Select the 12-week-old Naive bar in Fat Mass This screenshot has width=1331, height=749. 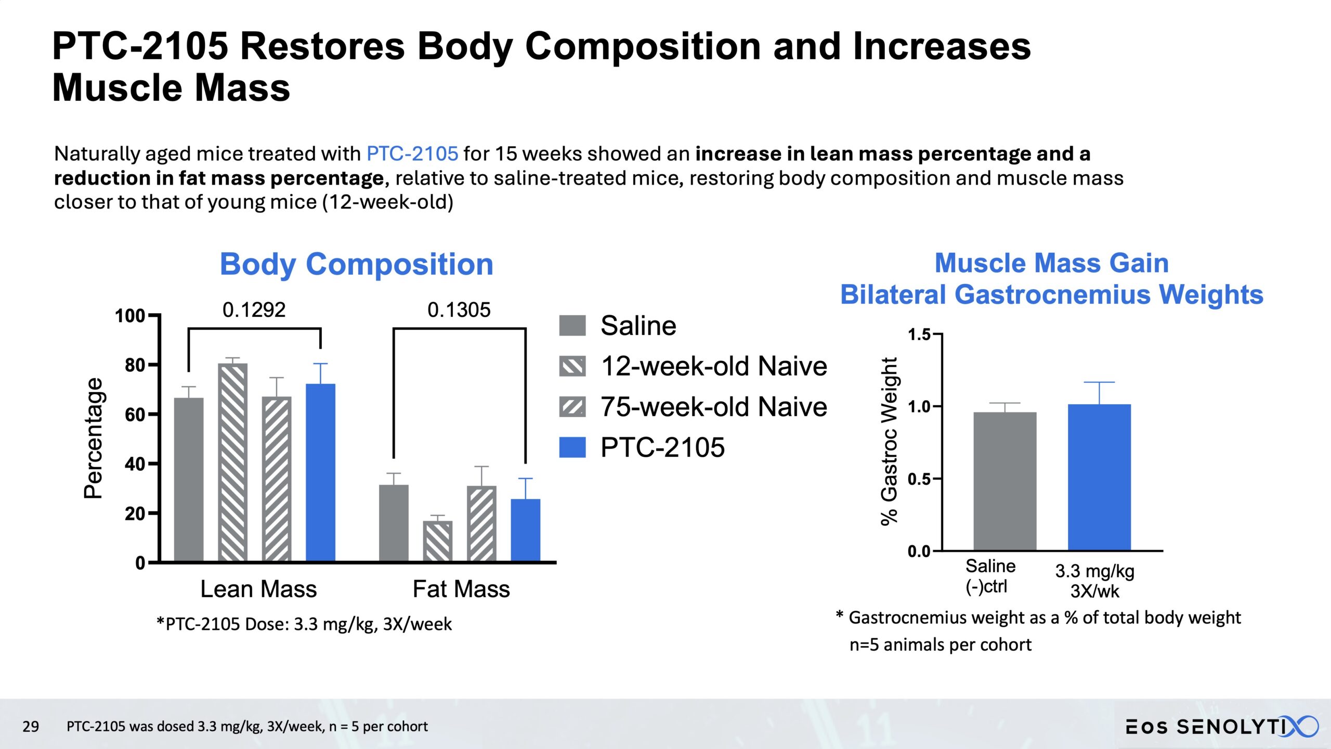(x=437, y=541)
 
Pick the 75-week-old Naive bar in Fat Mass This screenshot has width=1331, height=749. (x=481, y=524)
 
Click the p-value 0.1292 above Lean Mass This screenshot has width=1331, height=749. (x=254, y=310)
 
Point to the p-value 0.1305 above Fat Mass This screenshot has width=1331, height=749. (x=459, y=310)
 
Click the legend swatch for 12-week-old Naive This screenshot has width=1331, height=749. (x=572, y=366)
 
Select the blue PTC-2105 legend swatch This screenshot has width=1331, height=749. (x=572, y=447)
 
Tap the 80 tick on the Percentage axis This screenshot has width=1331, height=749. (x=135, y=365)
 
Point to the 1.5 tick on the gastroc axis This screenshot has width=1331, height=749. (x=919, y=334)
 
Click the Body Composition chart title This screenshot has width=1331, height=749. (x=356, y=264)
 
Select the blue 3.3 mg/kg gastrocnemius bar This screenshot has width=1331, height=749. (x=1099, y=477)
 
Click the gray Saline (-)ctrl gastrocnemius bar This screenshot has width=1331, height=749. (x=1004, y=481)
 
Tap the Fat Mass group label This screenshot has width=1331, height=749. (x=461, y=589)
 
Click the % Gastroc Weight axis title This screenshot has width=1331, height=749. (x=890, y=441)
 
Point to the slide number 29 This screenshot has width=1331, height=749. (x=31, y=726)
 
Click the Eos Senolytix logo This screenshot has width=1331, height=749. (x=1222, y=726)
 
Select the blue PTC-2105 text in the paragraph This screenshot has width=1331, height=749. (x=412, y=154)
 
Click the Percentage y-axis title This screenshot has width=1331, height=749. (x=94, y=438)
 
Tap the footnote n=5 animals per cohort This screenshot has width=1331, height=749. (x=940, y=645)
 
